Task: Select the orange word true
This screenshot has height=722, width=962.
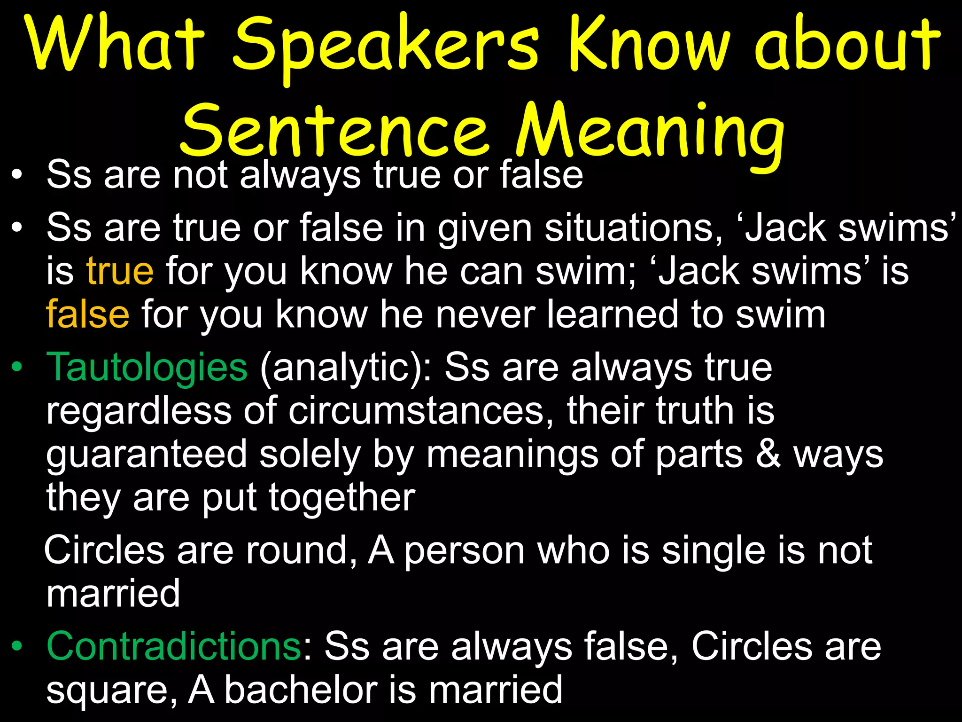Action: (x=120, y=271)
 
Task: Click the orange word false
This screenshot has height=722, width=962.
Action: (x=88, y=314)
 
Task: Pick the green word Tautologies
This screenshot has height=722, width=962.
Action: (x=147, y=367)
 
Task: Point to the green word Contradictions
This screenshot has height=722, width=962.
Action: (x=174, y=646)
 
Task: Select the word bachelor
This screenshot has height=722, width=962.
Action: (x=301, y=690)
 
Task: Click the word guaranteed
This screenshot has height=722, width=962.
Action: (x=147, y=455)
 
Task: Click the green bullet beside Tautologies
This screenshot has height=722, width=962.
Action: (x=17, y=367)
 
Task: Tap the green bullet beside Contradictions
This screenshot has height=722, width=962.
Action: (x=17, y=646)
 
